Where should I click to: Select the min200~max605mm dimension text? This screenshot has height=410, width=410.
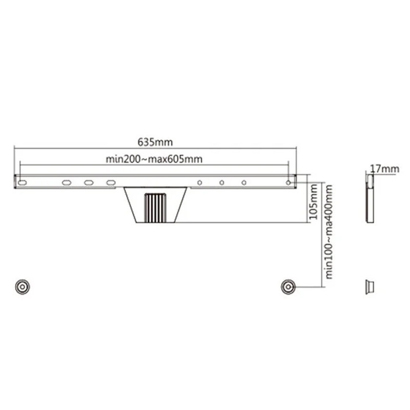pyautogui.click(x=154, y=159)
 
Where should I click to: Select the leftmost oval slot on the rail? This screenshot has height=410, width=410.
pyautogui.click(x=22, y=182)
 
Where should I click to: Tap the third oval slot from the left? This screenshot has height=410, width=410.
pyautogui.click(x=89, y=182)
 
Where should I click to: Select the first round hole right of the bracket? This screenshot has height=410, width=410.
pyautogui.click(x=200, y=182)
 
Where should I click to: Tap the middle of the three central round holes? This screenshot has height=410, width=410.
pyautogui.click(x=222, y=182)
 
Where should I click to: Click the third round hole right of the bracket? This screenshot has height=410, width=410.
pyautogui.click(x=244, y=182)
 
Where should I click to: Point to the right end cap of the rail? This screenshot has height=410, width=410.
pyautogui.click(x=295, y=182)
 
